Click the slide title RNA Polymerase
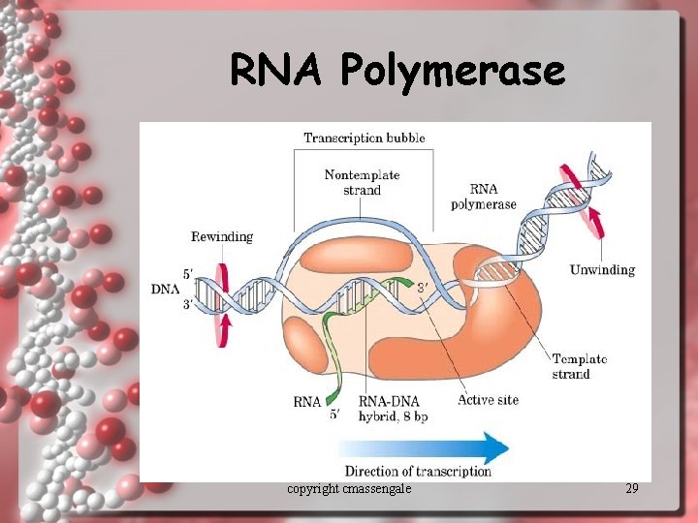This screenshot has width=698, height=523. click(x=397, y=70)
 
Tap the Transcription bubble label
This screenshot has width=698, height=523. click(x=365, y=138)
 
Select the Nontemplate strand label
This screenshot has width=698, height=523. click(x=362, y=183)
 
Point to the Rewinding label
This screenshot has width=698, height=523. click(x=222, y=236)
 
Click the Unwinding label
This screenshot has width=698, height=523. click(x=602, y=269)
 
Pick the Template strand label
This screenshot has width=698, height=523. click(x=579, y=366)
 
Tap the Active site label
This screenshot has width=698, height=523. click(x=488, y=400)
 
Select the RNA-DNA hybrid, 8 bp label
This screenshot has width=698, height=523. click(x=393, y=408)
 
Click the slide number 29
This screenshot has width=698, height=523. click(x=632, y=488)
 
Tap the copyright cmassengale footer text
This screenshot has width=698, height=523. click(x=349, y=488)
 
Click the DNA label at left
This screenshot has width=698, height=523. click(x=165, y=289)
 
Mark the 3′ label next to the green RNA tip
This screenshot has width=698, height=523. click(x=423, y=286)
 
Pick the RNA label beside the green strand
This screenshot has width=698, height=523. click(x=306, y=401)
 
